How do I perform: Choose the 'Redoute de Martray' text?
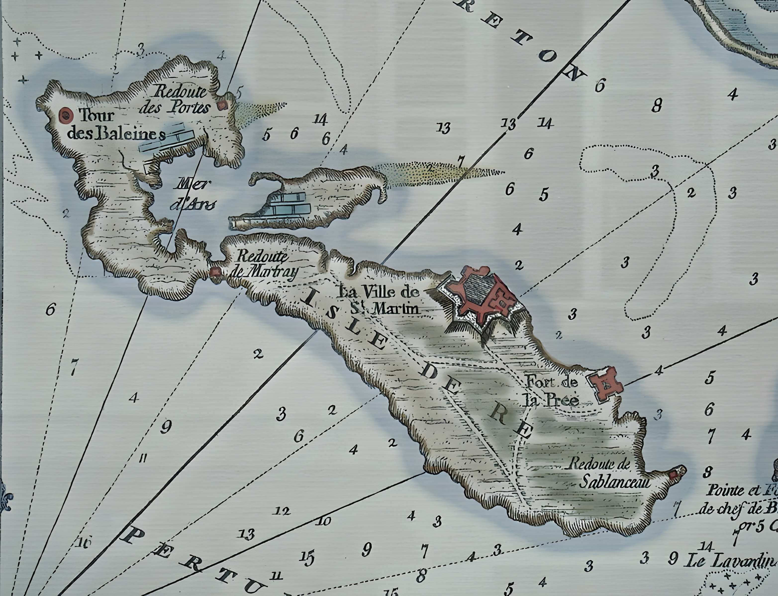coord(263,265)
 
